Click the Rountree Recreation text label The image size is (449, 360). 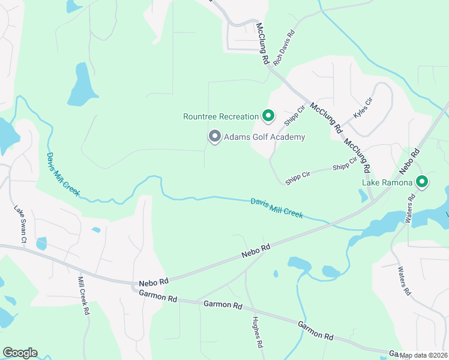click(220, 116)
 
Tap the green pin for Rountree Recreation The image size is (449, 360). click(268, 116)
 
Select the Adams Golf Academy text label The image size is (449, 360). click(264, 137)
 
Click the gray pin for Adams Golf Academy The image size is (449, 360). click(214, 137)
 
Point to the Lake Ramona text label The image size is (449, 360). click(387, 182)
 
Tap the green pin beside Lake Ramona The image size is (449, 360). click(422, 181)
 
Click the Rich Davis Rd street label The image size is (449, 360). click(285, 48)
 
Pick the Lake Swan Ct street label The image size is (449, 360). click(21, 224)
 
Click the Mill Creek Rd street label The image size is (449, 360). click(83, 296)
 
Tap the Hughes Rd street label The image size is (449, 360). click(258, 332)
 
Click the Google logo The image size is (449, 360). click(20, 353)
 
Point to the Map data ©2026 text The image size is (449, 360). click(423, 355)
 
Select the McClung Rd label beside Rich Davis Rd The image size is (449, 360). click(263, 45)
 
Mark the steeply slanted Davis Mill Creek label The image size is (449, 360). click(63, 173)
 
